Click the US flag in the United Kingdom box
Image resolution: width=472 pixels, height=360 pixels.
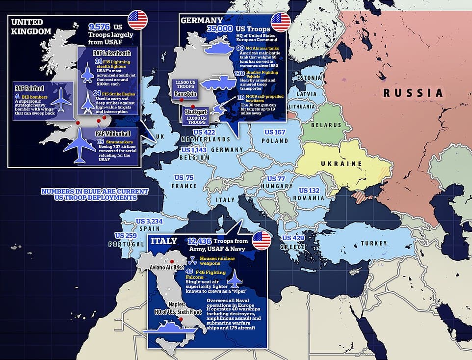tap(137, 20)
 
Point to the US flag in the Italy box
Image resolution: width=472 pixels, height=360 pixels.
tap(261, 241)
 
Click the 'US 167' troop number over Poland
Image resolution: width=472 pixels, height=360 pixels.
tap(275, 132)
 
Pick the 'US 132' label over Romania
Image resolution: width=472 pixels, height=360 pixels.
tap(310, 191)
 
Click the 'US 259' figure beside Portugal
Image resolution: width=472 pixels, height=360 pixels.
tap(126, 236)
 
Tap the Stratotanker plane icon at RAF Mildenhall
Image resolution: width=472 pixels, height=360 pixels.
tap(79, 146)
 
